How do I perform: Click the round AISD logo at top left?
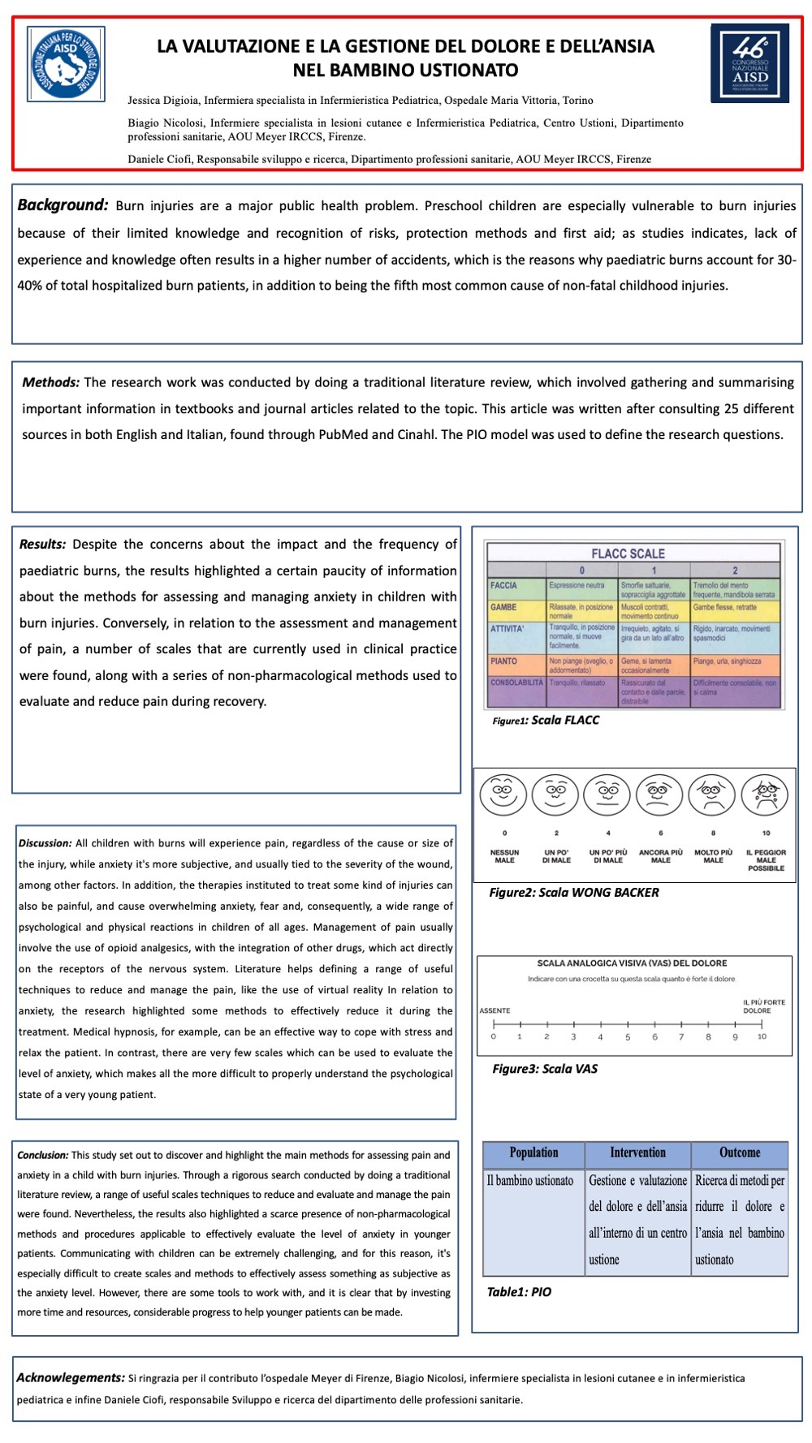coord(66,64)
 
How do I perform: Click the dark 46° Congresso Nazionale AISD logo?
coord(749,63)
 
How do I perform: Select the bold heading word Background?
coord(63,205)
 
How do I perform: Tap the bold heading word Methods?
coord(50,382)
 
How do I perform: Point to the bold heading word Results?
coord(42,545)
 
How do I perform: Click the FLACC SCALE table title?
coord(628,554)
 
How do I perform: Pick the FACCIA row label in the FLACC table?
coord(503,585)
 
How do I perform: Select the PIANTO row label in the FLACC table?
coord(503,661)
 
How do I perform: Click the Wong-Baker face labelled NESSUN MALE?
coord(503,795)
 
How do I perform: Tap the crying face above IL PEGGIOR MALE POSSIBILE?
coord(765,795)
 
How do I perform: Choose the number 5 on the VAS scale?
coord(628,1036)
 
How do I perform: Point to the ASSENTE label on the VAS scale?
coord(495,1010)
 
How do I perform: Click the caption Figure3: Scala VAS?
coord(544,1069)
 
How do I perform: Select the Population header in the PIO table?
coord(533,1152)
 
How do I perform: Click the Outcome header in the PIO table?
coord(740,1152)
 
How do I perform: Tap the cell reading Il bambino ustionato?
coord(530,1181)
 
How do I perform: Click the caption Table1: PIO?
coord(519,1292)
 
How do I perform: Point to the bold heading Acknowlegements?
coord(71,1377)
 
